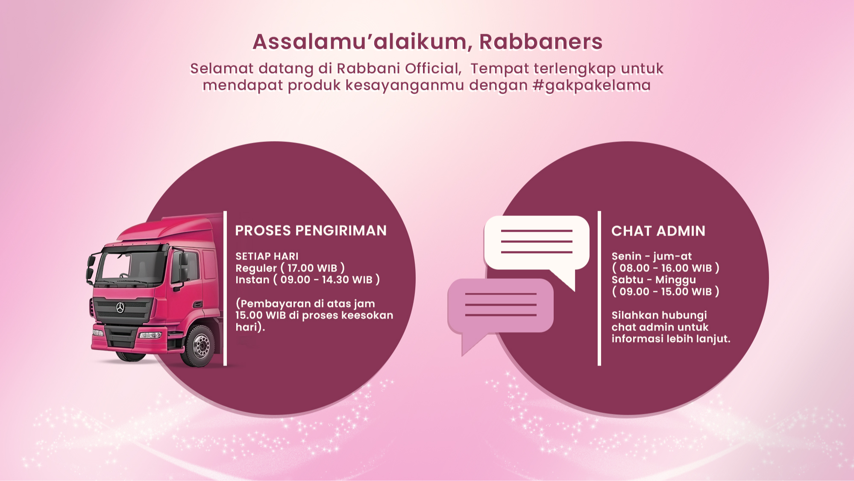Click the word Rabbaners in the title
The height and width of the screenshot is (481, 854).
coord(540,42)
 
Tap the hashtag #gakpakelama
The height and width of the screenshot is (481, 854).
coord(591,86)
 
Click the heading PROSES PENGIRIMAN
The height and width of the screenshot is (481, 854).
coord(311,231)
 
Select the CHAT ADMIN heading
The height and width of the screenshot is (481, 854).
coord(658,231)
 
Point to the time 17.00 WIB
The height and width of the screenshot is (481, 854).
coord(312,269)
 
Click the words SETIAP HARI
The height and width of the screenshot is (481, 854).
coord(267,257)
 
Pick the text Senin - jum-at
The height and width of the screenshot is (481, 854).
coord(651,257)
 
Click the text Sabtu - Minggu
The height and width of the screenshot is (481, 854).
coord(653,280)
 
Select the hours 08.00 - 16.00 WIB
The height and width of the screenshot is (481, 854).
coord(666,269)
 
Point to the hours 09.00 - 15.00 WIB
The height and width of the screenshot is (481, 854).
coord(666,292)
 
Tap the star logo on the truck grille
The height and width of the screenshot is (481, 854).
coord(120,307)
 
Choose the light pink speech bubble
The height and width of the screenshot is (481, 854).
coord(500,306)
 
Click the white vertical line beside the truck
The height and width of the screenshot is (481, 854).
coord(225,288)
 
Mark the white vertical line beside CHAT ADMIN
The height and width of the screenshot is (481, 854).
coord(599,288)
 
